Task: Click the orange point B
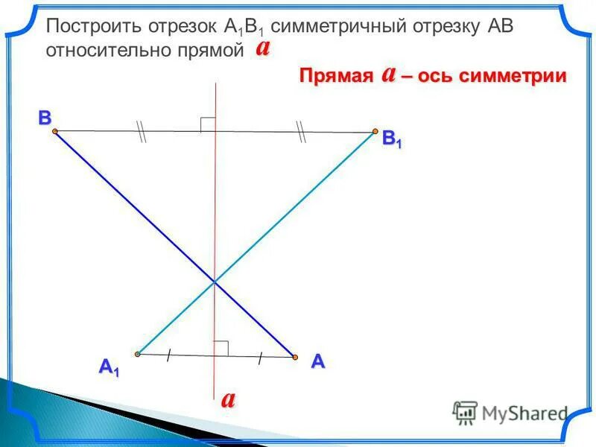55,131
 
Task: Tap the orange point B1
375,132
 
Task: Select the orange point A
295,358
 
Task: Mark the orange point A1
138,354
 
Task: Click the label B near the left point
45,118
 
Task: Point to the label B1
392,139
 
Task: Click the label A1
109,367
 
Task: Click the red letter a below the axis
228,399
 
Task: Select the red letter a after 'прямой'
262,48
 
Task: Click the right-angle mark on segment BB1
208,124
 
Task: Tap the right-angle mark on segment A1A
221,348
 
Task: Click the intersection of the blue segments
215,282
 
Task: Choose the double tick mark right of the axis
301,132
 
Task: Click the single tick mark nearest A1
170,355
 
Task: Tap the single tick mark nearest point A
260,358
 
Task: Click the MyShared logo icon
465,412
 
